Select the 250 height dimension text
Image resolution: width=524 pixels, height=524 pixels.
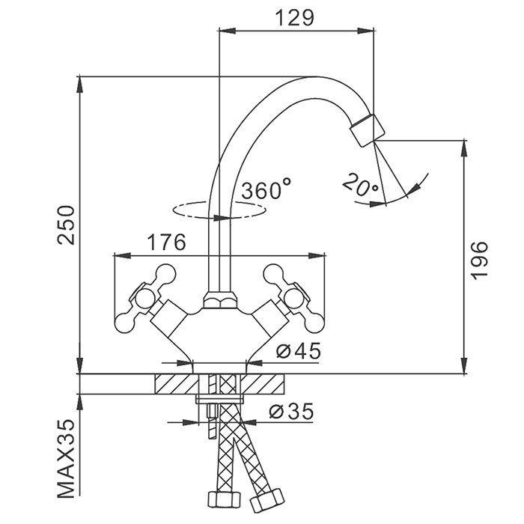(x=68, y=225)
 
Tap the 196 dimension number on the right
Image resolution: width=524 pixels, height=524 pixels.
(x=480, y=260)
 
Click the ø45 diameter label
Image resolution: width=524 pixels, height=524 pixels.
(x=297, y=350)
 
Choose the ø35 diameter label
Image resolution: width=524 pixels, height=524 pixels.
(x=290, y=410)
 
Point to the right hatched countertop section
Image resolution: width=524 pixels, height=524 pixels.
(x=266, y=384)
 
